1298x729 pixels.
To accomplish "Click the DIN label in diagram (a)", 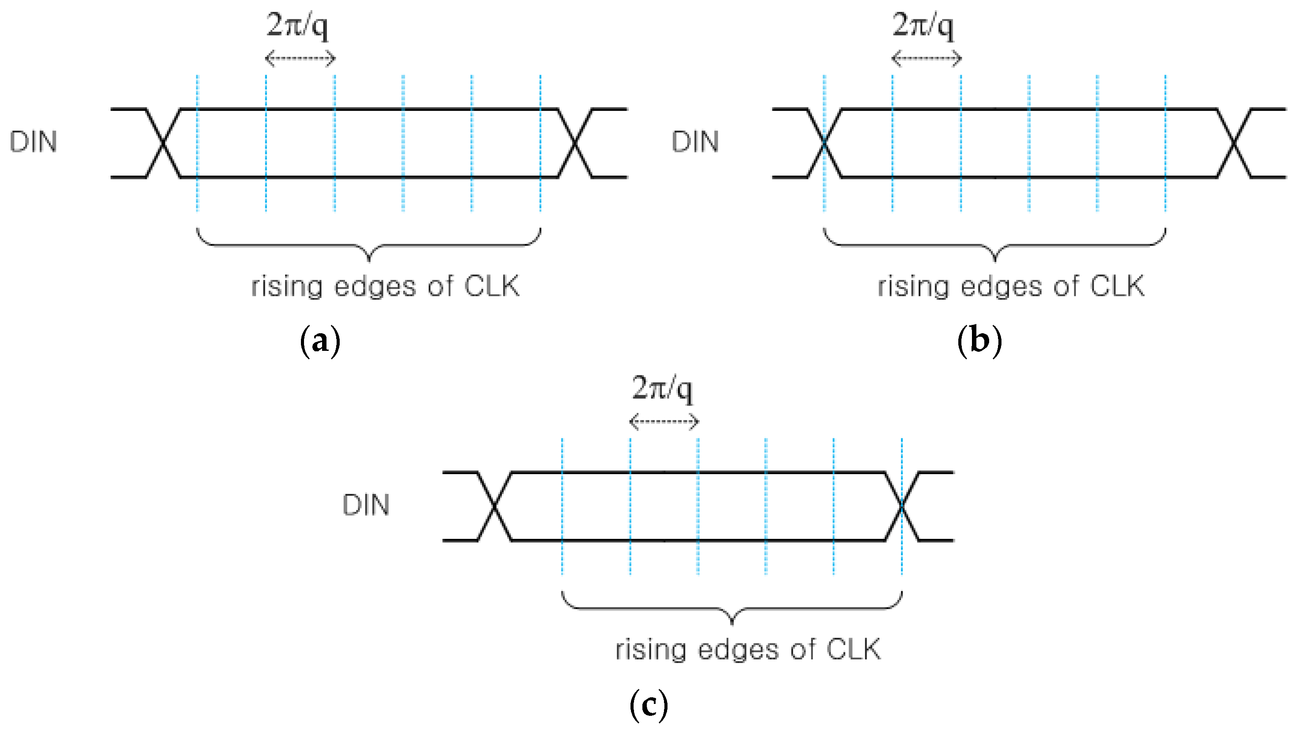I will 33,142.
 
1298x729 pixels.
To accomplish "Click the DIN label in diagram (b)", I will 695,142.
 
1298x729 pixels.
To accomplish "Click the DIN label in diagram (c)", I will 366,505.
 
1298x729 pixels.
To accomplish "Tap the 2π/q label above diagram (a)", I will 297,25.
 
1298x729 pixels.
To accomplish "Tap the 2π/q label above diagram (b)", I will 923,25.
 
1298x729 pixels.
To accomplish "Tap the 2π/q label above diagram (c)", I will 662,388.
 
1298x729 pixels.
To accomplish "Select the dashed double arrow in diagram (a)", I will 300,59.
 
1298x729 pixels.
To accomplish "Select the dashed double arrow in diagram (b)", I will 926,59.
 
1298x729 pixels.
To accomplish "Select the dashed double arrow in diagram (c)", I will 664,421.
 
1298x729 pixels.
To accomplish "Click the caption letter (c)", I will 649,705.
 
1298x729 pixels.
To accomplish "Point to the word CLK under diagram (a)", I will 491,287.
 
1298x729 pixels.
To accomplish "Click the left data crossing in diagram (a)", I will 163,143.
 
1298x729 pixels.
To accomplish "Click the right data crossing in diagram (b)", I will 1234,143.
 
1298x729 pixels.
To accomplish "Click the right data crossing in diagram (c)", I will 902,506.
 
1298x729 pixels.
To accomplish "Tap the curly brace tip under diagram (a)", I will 369,259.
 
